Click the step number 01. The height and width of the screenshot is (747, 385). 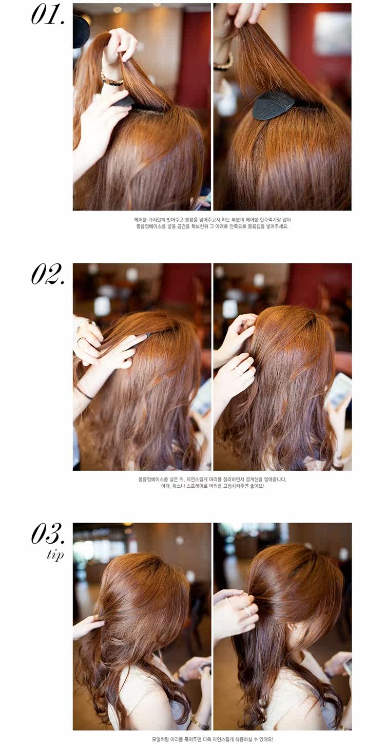(48, 15)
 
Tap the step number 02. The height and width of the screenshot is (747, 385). (48, 274)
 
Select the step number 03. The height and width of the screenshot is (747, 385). (48, 534)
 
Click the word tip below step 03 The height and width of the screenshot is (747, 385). (55, 555)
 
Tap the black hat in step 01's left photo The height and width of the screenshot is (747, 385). (81, 30)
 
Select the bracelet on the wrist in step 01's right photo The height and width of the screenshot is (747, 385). (224, 64)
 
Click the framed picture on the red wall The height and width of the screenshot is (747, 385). (333, 33)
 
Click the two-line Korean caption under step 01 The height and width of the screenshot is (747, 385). (212, 223)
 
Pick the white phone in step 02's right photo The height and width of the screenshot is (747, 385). (339, 390)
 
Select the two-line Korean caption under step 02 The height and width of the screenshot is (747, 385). (212, 482)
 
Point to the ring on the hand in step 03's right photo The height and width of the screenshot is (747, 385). (248, 611)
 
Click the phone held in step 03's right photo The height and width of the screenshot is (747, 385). (346, 666)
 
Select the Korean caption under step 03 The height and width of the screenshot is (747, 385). (212, 739)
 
